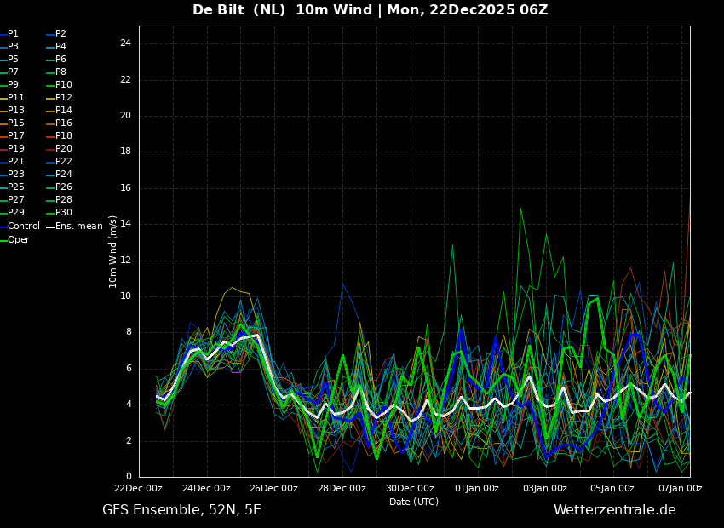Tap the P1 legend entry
tap(13, 34)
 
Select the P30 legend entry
tap(64, 213)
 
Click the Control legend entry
tap(24, 227)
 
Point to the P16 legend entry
tap(64, 123)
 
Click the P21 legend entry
tap(15, 162)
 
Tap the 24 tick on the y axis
tap(125, 43)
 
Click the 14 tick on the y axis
tap(125, 224)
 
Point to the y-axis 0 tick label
tap(129, 477)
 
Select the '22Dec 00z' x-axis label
tap(138, 489)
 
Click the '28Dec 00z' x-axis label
tap(342, 489)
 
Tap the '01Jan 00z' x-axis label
tap(477, 489)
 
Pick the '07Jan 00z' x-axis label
tap(680, 489)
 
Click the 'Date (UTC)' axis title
tap(414, 502)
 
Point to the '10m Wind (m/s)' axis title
tap(113, 251)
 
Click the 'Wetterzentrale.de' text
tap(614, 510)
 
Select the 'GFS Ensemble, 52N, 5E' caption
tap(181, 510)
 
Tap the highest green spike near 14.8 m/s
tap(520, 209)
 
